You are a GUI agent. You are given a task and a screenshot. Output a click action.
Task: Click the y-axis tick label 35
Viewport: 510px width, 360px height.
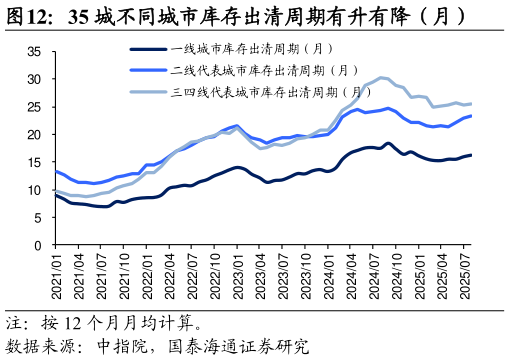click(x=34, y=51)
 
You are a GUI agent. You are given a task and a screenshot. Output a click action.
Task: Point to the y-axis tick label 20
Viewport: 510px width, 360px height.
click(x=34, y=134)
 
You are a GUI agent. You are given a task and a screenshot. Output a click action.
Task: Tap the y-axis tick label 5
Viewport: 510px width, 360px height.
click(x=37, y=218)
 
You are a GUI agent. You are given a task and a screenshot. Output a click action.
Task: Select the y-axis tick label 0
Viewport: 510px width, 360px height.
click(x=37, y=245)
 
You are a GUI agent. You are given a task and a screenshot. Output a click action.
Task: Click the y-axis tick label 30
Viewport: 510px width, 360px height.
click(x=34, y=79)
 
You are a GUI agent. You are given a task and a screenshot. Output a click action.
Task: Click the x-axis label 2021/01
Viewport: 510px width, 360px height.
click(x=55, y=276)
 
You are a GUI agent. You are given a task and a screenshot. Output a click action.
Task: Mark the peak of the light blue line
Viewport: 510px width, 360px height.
click(x=381, y=77)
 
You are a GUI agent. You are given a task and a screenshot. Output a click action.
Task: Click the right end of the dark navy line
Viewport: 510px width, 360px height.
click(x=472, y=155)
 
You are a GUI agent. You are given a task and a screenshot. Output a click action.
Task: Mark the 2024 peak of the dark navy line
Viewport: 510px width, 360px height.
click(x=388, y=144)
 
